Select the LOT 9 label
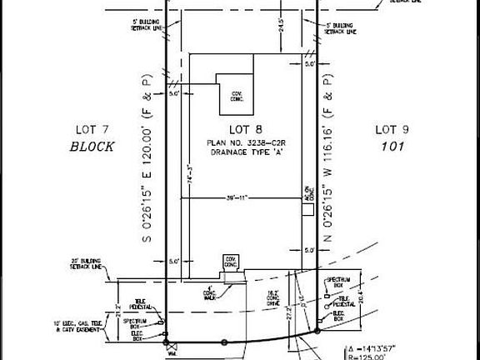[x=391, y=129]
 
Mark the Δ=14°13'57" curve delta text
[x=367, y=347]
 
